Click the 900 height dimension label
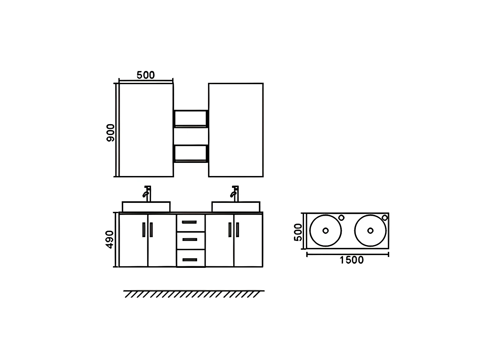[110, 132]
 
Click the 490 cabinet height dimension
[110, 239]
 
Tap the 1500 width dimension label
[351, 260]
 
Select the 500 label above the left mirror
[146, 75]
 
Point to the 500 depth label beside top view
[298, 232]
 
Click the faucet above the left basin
[147, 194]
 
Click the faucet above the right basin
[235, 194]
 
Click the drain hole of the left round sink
[325, 230]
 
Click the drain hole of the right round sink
[370, 230]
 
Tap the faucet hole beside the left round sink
[341, 218]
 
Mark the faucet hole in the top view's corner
[385, 218]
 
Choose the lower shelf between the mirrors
[191, 161]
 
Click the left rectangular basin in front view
[146, 207]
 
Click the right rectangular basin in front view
[236, 207]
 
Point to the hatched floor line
[194, 294]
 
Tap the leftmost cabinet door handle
[144, 230]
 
